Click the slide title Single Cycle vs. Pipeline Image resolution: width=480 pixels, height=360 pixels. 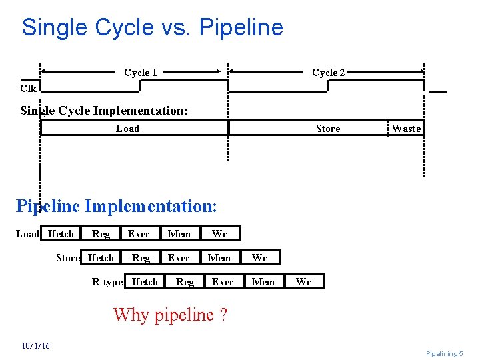coord(152,27)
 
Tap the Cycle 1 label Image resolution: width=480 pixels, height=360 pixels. coord(141,72)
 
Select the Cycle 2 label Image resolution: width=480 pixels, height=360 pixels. coord(328,72)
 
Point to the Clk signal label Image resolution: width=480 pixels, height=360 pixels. coord(28,88)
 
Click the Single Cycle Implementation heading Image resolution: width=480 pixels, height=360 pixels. coord(104,111)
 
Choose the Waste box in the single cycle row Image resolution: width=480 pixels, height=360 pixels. coord(406,129)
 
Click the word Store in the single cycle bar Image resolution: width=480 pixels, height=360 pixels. coord(327,129)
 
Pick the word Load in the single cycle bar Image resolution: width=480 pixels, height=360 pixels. coord(127,129)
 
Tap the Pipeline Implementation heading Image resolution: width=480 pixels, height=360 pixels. coord(116,205)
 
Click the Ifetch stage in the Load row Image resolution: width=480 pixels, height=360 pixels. coord(61,234)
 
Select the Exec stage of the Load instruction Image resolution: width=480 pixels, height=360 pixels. coord(139,234)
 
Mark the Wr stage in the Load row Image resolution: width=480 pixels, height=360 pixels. coord(219,234)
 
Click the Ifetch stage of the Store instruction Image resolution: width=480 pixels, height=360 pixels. coord(101,258)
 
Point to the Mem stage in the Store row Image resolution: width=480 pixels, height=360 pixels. coord(219,258)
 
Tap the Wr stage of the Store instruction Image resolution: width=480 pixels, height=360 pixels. coord(259,258)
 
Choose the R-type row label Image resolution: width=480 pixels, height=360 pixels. coord(107,282)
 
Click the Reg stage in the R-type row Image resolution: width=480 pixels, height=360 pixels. coord(185,282)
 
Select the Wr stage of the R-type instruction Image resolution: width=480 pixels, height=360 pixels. coord(303,282)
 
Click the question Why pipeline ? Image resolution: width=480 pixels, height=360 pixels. coord(170,314)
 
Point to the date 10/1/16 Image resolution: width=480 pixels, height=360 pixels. coord(35,345)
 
